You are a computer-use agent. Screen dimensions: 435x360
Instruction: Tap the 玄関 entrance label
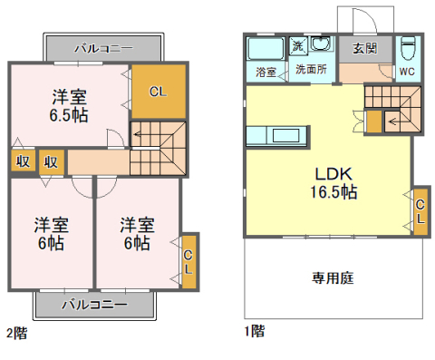[365, 48]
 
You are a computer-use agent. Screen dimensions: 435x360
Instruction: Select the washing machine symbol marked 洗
[298, 46]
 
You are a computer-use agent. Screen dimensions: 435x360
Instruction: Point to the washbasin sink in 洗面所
[322, 44]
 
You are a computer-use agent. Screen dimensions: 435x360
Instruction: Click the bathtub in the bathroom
[266, 48]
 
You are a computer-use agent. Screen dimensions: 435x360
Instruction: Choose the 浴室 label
[266, 72]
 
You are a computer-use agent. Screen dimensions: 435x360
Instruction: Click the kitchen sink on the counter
[285, 135]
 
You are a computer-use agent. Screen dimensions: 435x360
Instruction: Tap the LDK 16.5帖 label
[333, 183]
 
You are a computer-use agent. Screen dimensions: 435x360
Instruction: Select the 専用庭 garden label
[333, 278]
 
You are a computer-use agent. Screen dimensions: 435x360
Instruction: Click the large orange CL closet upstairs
[159, 92]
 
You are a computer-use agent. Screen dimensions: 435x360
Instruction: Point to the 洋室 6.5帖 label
[69, 106]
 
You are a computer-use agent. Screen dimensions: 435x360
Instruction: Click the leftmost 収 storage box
[23, 161]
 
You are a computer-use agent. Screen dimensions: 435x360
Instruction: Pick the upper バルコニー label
[103, 48]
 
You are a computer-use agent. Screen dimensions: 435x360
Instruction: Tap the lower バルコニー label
[94, 305]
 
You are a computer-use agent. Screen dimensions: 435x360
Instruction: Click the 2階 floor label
[17, 334]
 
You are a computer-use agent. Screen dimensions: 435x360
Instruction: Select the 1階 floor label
[255, 331]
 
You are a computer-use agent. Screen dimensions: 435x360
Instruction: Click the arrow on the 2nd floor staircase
[137, 134]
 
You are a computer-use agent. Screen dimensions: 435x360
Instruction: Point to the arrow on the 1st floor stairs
[392, 122]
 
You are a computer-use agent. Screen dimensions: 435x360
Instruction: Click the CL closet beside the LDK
[420, 211]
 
